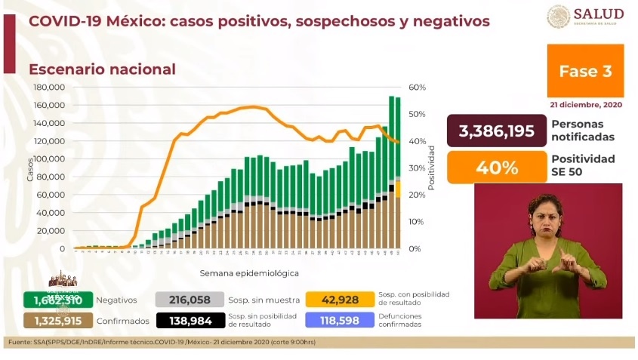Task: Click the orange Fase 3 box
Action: [585, 71]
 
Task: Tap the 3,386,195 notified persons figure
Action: [495, 131]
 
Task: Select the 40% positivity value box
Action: [495, 167]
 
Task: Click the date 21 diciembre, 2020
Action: [585, 105]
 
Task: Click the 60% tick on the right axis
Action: [418, 87]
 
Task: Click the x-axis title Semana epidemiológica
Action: [249, 272]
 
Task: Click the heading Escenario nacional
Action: [102, 69]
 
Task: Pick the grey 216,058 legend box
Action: [189, 300]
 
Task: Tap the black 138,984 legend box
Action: [189, 321]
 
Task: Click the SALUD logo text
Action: [599, 14]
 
